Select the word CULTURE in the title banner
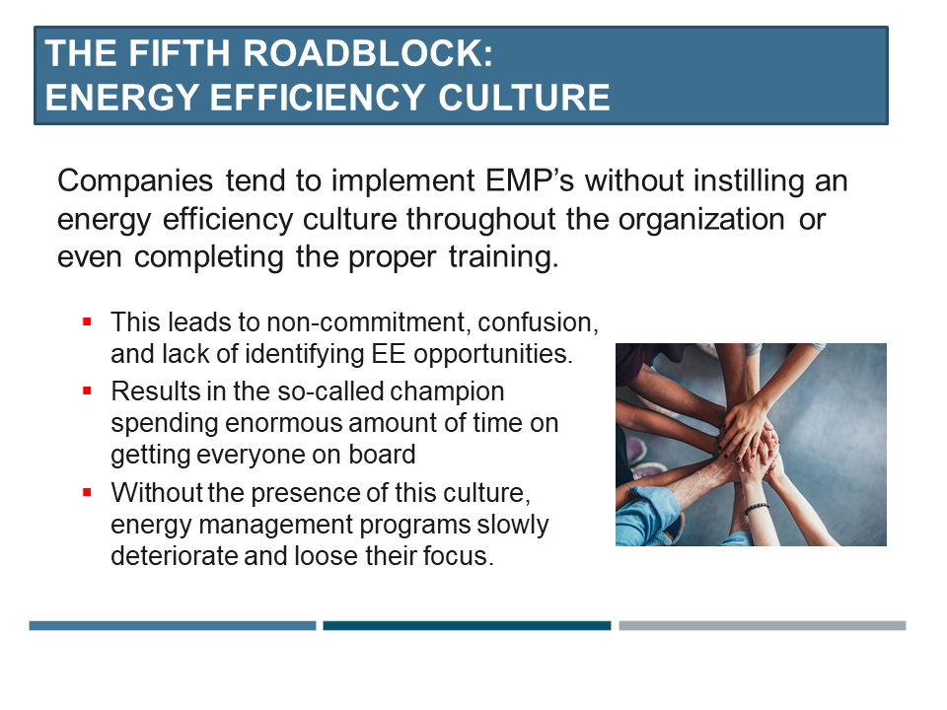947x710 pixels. pyautogui.click(x=524, y=98)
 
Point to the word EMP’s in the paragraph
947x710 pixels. pyautogui.click(x=530, y=180)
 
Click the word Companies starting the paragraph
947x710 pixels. pyautogui.click(x=135, y=181)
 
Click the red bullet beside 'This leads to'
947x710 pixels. pyautogui.click(x=87, y=321)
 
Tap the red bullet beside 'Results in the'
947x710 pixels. pyautogui.click(x=87, y=390)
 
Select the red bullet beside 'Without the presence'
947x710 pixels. pyautogui.click(x=87, y=492)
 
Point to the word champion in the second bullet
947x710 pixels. pyautogui.click(x=447, y=392)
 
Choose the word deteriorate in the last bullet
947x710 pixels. pyautogui.click(x=174, y=555)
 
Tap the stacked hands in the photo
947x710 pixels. pyautogui.click(x=749, y=440)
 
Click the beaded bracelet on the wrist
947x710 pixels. pyautogui.click(x=757, y=509)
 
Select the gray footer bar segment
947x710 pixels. pyautogui.click(x=763, y=625)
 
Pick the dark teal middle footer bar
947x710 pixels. pyautogui.click(x=467, y=625)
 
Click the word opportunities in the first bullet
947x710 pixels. pyautogui.click(x=492, y=355)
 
